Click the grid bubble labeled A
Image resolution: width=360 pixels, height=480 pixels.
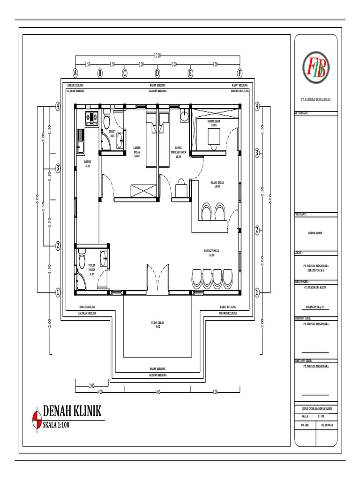(75, 73)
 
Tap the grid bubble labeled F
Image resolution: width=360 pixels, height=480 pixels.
(240, 73)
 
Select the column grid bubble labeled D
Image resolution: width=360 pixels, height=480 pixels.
(157, 73)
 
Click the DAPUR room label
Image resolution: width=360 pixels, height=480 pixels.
(88, 164)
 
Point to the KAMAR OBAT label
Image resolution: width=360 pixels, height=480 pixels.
(213, 123)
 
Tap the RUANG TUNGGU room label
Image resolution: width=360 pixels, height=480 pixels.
(212, 253)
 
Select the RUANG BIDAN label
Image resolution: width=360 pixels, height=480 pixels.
(217, 184)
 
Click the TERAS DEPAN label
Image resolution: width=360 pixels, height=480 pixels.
(157, 325)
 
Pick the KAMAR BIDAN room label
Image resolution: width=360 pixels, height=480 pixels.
(137, 152)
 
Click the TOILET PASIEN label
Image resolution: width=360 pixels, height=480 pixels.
(92, 270)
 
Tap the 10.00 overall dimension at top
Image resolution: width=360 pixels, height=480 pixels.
(157, 55)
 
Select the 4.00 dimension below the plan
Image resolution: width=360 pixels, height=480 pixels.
(157, 392)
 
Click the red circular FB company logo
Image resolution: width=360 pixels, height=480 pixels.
(315, 65)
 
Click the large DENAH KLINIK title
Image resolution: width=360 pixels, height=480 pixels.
(72, 411)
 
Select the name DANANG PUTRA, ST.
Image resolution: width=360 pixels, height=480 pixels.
(315, 308)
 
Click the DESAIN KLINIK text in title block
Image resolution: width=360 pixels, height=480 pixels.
(315, 233)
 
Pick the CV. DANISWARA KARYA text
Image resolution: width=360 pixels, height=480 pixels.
(315, 287)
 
